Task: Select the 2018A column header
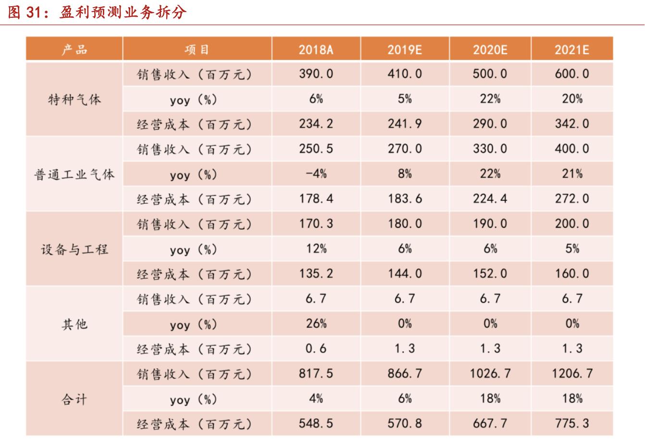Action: (x=316, y=50)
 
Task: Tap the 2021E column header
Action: (x=571, y=50)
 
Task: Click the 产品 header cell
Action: (x=74, y=50)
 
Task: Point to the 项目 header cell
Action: (x=197, y=50)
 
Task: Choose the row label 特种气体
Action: (x=74, y=100)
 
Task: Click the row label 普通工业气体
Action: (x=74, y=174)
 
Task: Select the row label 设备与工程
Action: (x=74, y=249)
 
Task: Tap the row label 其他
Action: (x=74, y=324)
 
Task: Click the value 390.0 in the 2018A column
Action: (x=316, y=74)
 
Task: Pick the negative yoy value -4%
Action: (x=316, y=174)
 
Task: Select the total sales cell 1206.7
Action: (x=571, y=373)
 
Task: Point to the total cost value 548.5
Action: (x=316, y=423)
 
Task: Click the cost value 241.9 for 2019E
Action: (x=405, y=124)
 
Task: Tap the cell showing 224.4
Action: (x=490, y=199)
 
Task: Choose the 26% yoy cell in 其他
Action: (x=316, y=324)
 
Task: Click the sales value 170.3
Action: (x=316, y=224)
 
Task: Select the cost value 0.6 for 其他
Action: (x=316, y=348)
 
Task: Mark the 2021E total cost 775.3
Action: (x=571, y=423)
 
